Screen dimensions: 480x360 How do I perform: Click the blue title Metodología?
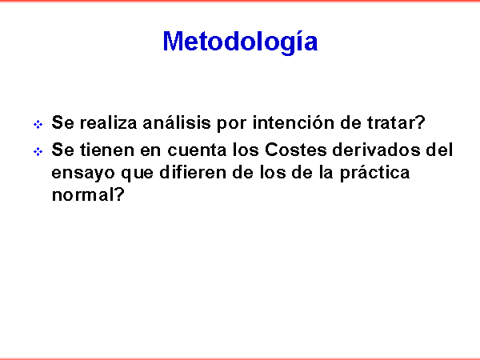240,42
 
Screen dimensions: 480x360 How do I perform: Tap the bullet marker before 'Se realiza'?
38,125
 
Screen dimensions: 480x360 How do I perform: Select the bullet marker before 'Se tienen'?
38,151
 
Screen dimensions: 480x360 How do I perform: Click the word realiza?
108,122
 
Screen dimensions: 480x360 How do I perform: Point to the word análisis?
177,122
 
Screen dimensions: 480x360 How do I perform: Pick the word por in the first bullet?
232,125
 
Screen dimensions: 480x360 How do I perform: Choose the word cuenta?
197,150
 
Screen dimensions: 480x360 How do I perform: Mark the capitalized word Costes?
295,150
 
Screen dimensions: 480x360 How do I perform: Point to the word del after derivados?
439,150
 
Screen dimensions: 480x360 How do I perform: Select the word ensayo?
82,174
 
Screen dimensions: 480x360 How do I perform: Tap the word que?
137,174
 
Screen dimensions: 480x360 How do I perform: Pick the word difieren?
193,172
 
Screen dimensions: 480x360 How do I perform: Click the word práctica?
374,174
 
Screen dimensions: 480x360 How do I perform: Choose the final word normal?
88,194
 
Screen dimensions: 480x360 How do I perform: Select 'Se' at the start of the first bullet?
62,122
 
